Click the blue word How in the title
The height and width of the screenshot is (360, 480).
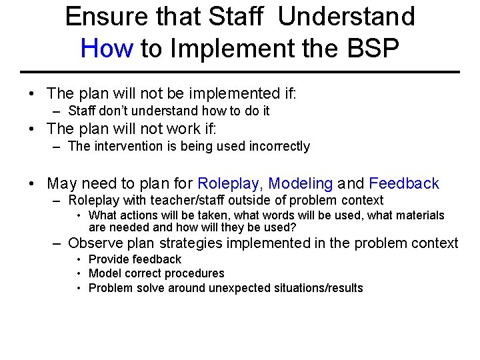coord(107,48)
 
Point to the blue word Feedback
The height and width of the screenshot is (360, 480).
coord(404,183)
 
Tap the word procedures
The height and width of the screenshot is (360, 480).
coord(193,273)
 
